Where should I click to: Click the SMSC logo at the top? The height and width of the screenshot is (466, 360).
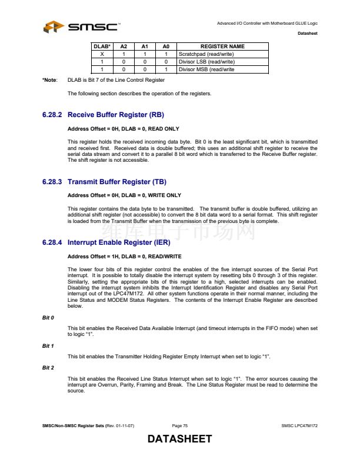click(x=82, y=26)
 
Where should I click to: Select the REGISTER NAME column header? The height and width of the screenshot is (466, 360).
click(x=222, y=46)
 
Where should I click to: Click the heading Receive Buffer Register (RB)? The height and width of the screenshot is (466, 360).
click(x=120, y=115)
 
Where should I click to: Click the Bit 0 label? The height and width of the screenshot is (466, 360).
click(x=48, y=317)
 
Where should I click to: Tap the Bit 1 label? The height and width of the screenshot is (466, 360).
click(x=48, y=346)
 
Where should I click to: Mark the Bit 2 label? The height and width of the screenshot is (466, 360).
click(x=48, y=368)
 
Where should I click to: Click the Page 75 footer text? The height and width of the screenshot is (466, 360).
click(x=180, y=425)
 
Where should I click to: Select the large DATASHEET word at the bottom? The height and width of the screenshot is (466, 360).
click(x=179, y=440)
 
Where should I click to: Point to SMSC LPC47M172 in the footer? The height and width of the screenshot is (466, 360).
click(x=299, y=425)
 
